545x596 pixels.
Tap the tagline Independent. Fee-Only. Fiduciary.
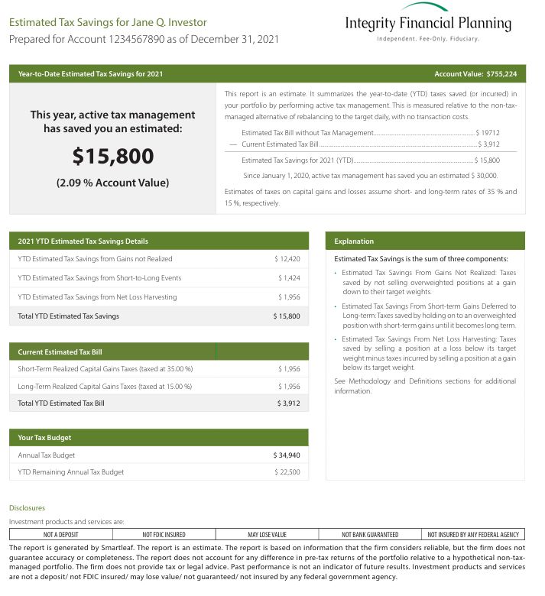click(428, 38)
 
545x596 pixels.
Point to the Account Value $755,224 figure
click(475, 74)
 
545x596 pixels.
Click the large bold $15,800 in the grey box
click(112, 157)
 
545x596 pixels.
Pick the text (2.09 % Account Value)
click(112, 183)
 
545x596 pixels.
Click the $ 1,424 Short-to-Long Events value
click(289, 278)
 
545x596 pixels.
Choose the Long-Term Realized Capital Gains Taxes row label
click(105, 387)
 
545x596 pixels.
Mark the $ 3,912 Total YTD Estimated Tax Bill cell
click(287, 403)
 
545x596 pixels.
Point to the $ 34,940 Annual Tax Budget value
click(287, 455)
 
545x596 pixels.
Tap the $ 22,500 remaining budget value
click(287, 473)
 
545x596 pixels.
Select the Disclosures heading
click(27, 508)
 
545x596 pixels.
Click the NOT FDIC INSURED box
click(164, 534)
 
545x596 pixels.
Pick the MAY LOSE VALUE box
click(267, 534)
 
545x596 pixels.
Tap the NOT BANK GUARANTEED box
click(370, 534)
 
